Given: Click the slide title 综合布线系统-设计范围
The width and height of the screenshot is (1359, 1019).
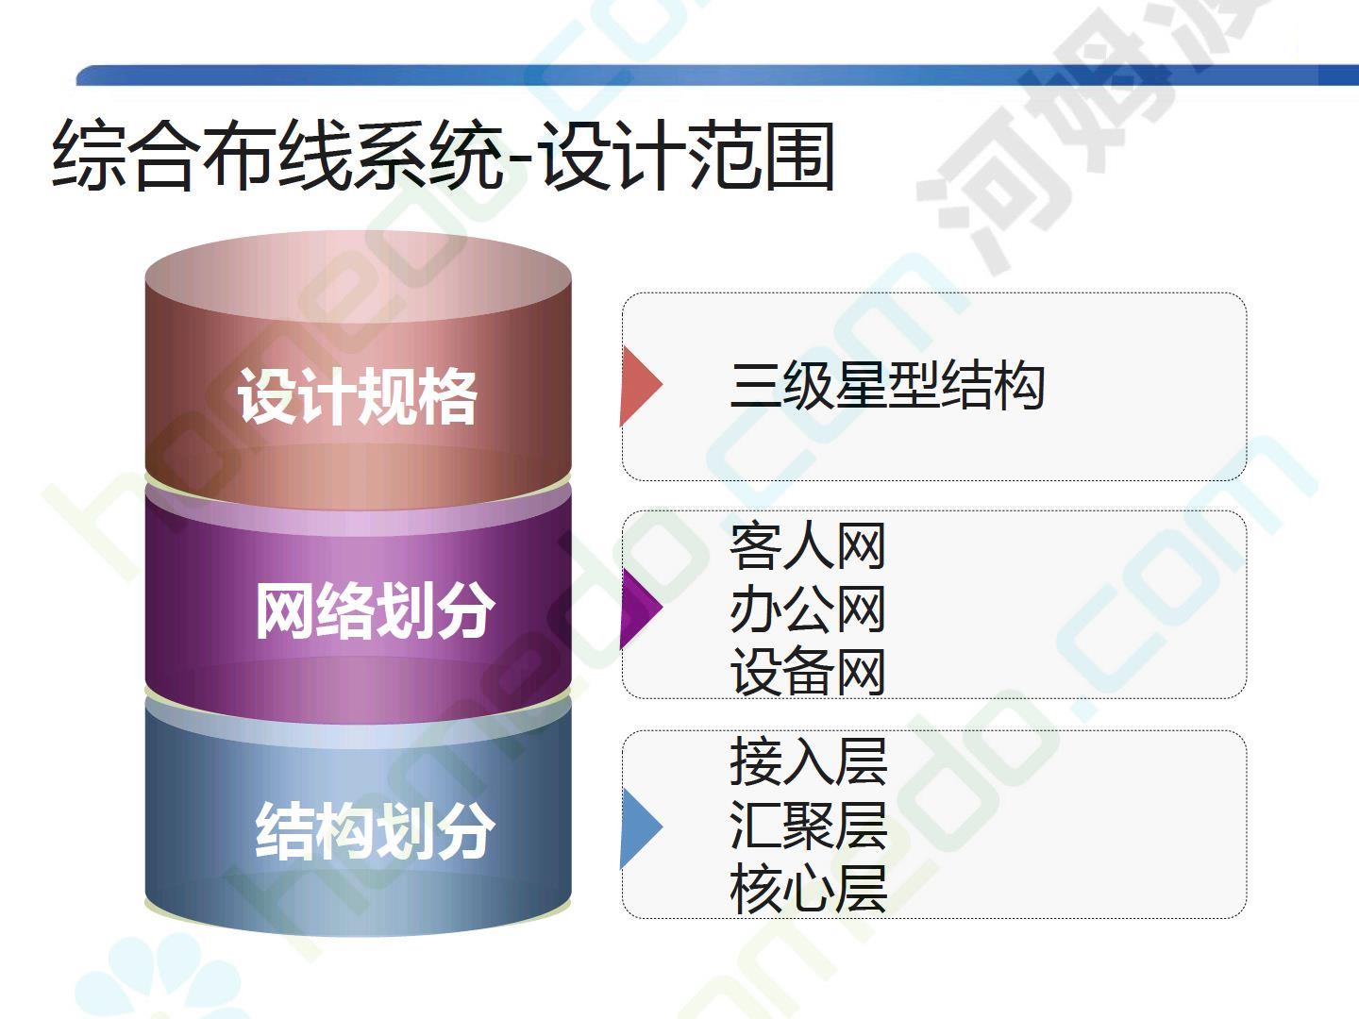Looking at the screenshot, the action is click(x=444, y=156).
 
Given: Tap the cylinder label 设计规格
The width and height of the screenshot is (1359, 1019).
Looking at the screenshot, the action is click(x=358, y=396).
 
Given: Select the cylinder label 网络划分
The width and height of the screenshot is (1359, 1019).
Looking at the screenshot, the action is click(x=376, y=610).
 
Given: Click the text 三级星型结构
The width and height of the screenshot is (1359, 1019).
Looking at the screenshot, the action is click(x=887, y=386).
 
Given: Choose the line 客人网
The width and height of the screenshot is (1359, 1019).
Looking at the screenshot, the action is click(x=808, y=545).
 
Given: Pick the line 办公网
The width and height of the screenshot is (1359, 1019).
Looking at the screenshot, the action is click(x=808, y=609).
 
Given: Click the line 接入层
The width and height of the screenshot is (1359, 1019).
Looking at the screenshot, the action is click(x=809, y=761).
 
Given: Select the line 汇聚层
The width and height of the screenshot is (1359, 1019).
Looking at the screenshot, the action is click(x=809, y=826).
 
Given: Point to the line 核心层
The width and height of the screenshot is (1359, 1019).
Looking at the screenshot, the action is click(x=809, y=889).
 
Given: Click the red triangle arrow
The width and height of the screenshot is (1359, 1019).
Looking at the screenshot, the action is click(x=639, y=386).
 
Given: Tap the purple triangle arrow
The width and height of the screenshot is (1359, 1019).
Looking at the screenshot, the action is click(x=639, y=609).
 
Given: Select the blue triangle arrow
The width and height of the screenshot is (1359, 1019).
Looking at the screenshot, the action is click(x=639, y=827).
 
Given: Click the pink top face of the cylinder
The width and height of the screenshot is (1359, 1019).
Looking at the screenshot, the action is click(x=358, y=276).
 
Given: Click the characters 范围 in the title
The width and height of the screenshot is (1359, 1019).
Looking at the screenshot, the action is click(x=762, y=156).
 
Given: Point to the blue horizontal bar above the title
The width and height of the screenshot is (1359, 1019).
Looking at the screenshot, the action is click(x=717, y=75).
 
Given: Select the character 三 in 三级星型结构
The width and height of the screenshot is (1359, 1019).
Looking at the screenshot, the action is click(x=755, y=386).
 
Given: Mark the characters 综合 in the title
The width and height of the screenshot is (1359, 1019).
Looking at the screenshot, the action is click(x=123, y=156).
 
